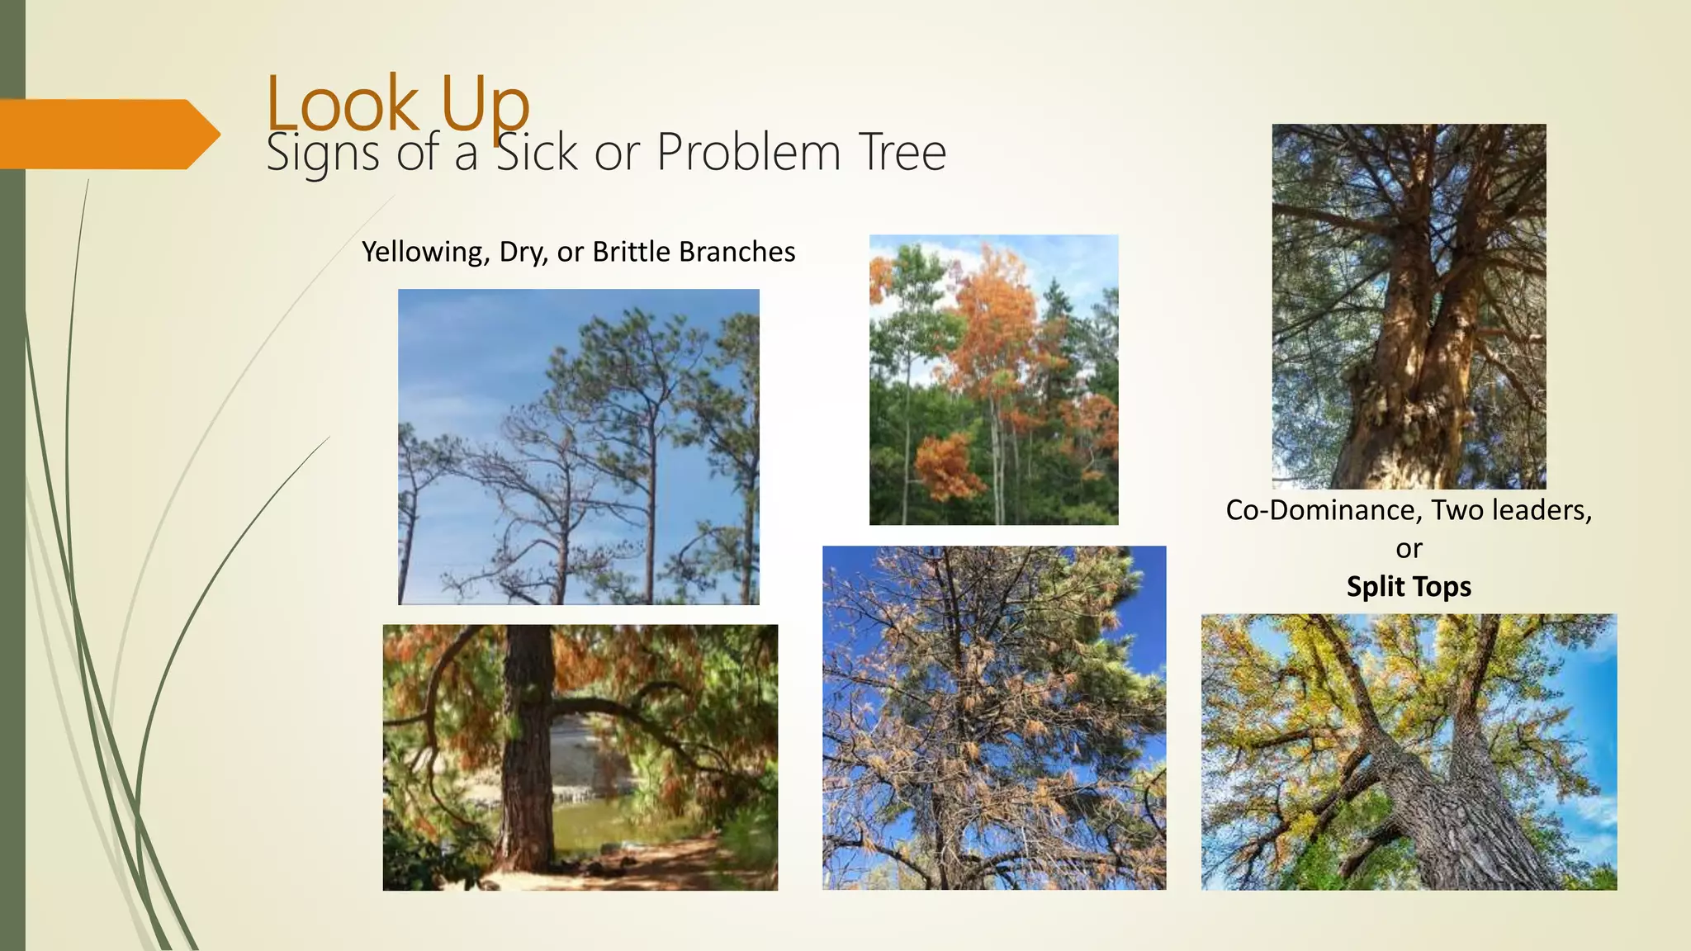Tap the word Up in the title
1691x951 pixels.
pos(485,105)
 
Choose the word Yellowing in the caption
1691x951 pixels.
pos(425,252)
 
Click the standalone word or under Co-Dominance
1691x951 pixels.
pos(1409,549)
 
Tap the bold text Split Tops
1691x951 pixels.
pos(1409,586)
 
